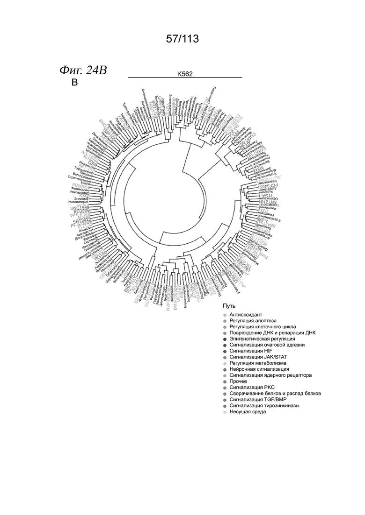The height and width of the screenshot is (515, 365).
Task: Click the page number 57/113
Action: (x=182, y=39)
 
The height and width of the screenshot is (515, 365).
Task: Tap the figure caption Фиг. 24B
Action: (x=83, y=70)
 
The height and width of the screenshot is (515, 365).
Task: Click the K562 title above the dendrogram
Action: (x=185, y=74)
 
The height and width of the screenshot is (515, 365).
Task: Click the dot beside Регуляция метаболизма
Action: (x=225, y=363)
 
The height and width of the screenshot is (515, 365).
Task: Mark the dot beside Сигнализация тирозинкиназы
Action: (x=225, y=406)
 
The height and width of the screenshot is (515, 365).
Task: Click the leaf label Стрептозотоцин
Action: (x=80, y=178)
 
